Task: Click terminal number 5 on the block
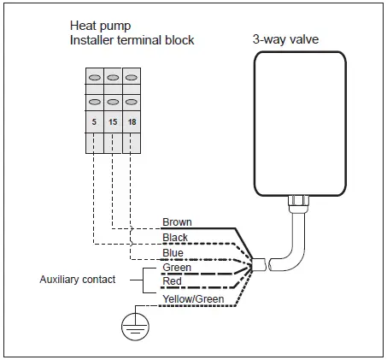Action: [x=94, y=122]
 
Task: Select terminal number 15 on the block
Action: [x=112, y=122]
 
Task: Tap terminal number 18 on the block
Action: [x=130, y=122]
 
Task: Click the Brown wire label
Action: [x=177, y=222]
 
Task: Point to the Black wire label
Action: [x=175, y=238]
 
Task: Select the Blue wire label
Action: [x=173, y=253]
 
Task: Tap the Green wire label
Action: [x=175, y=267]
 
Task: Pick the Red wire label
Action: [x=171, y=281]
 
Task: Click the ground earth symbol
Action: [x=132, y=323]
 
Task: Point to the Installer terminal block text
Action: [x=124, y=41]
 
